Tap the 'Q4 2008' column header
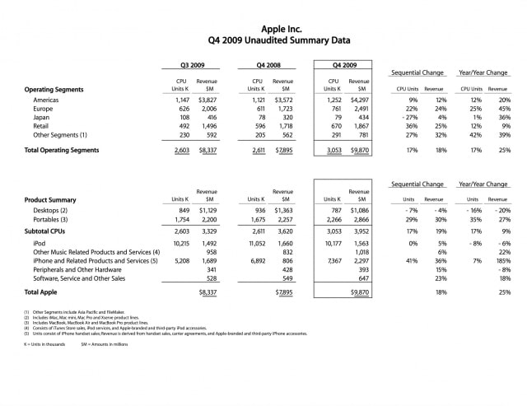tap(269, 64)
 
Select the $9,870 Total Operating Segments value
tap(357, 151)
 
